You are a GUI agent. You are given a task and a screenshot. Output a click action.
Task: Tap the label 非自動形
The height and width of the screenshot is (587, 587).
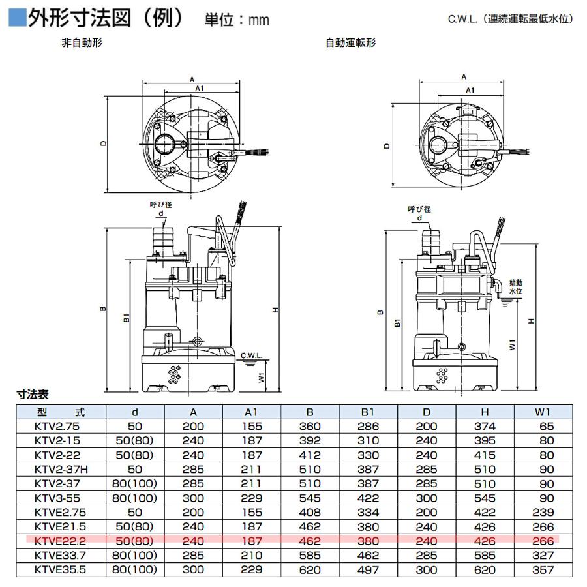click(x=80, y=44)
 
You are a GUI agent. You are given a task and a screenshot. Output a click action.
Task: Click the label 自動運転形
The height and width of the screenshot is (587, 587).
click(x=350, y=44)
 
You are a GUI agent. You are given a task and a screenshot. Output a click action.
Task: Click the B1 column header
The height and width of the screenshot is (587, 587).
click(x=369, y=412)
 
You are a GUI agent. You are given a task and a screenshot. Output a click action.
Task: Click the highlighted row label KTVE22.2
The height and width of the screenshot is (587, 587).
click(x=57, y=541)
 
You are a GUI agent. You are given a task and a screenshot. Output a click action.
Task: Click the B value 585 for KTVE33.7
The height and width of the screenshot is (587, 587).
click(x=310, y=555)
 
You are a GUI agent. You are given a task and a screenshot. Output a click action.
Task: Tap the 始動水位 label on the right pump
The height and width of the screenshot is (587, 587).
click(x=515, y=287)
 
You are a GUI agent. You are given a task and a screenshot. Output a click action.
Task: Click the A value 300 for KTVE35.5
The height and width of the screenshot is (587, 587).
click(x=193, y=569)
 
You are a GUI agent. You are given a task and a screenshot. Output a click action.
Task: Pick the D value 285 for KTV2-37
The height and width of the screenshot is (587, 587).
click(x=427, y=484)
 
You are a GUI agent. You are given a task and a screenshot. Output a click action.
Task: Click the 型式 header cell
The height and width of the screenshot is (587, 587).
click(x=59, y=412)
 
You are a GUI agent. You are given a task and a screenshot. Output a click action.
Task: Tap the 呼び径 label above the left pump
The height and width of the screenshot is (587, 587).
click(x=160, y=205)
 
